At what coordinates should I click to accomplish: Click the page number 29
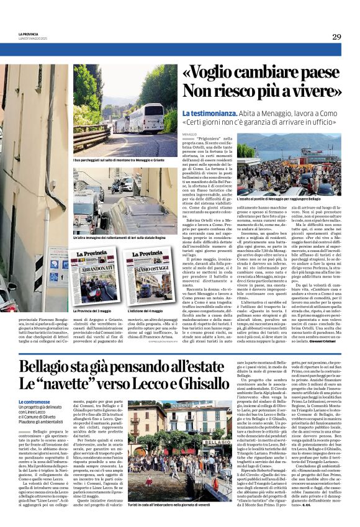point(336,37)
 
